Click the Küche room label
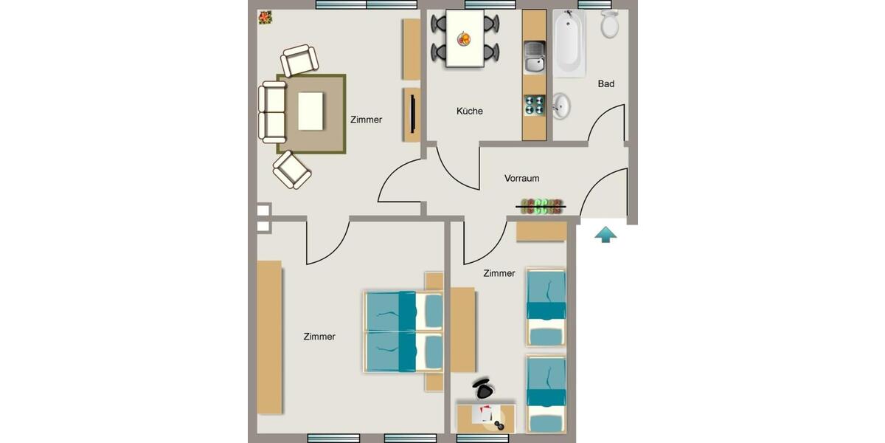[469, 111]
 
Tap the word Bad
[605, 84]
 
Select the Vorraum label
[521, 179]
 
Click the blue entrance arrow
[605, 235]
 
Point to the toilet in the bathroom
[609, 25]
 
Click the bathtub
[569, 43]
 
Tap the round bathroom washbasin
[560, 106]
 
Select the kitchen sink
[534, 57]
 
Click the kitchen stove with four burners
[534, 106]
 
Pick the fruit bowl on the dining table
[465, 38]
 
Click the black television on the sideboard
[413, 114]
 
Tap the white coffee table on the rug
[310, 111]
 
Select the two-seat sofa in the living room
[273, 112]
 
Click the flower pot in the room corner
[264, 17]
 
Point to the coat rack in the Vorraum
[542, 206]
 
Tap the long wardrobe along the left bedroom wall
[269, 337]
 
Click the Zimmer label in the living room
[366, 120]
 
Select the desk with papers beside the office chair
[486, 417]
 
